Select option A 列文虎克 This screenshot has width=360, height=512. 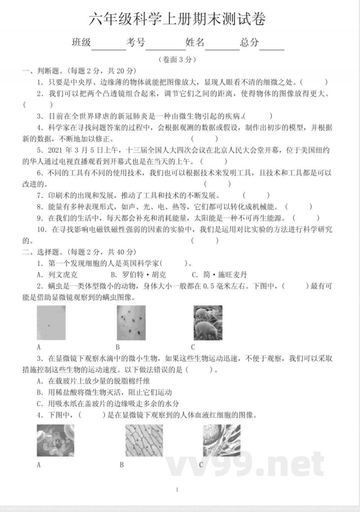[x=58, y=274]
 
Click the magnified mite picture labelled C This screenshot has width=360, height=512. [x=208, y=322]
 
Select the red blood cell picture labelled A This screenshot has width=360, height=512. [x=55, y=440]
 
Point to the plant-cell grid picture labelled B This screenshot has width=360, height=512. [x=144, y=440]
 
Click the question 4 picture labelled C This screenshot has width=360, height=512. [x=221, y=440]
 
